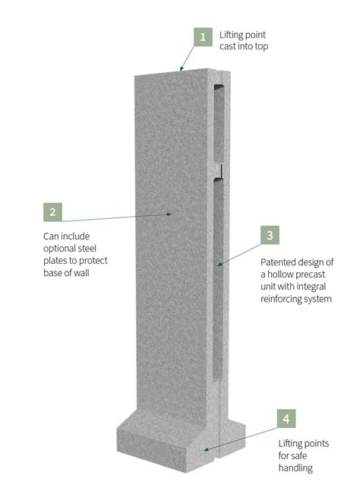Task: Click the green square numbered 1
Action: (202, 36)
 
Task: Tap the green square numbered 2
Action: (52, 212)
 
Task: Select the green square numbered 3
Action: (270, 235)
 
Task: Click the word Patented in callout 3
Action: (279, 262)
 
